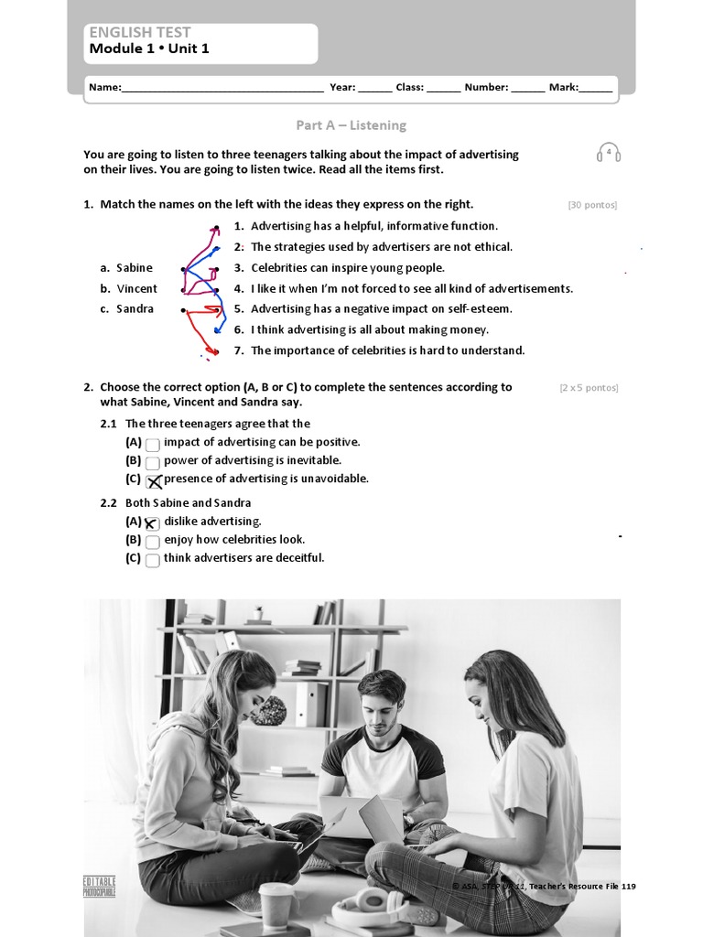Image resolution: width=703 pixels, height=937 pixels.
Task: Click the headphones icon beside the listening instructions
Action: [609, 153]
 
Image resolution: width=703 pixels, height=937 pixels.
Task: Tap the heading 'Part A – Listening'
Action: [351, 125]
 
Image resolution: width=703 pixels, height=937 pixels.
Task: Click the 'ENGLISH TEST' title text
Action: [140, 32]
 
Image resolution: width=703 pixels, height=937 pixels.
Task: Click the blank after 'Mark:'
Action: [596, 89]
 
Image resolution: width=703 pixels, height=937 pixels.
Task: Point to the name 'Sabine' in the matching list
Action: [135, 268]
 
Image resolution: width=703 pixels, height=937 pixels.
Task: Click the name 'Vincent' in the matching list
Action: [136, 288]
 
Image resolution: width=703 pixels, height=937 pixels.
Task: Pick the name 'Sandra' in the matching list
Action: [135, 309]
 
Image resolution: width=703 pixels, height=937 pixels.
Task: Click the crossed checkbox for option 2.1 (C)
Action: [154, 481]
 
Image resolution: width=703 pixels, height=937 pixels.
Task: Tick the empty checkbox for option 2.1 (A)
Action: [153, 445]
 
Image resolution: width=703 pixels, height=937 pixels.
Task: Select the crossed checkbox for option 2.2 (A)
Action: [153, 523]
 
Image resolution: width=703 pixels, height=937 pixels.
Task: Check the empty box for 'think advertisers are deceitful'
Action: [153, 560]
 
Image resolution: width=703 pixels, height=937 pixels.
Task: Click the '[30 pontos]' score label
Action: [592, 205]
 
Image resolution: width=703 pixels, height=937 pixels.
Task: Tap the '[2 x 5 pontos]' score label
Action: [589, 388]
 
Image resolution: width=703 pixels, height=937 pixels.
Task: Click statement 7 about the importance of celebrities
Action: [387, 350]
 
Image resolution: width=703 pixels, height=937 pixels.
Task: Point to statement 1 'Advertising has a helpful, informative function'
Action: [373, 226]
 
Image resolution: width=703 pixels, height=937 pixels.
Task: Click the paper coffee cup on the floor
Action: [276, 905]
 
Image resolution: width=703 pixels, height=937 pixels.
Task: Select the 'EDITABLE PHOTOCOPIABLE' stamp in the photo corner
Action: [99, 886]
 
